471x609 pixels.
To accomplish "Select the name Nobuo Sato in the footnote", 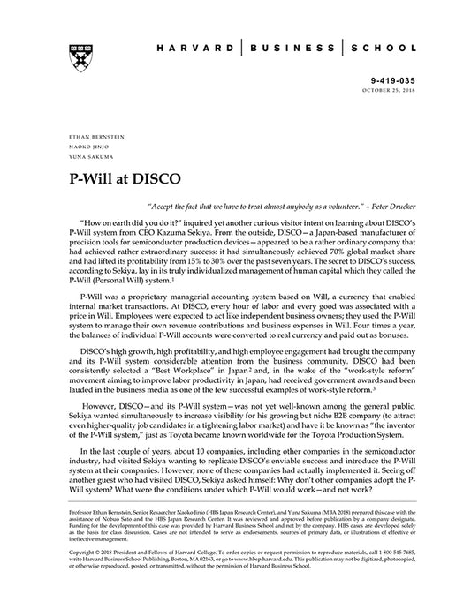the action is (x=136, y=519).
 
